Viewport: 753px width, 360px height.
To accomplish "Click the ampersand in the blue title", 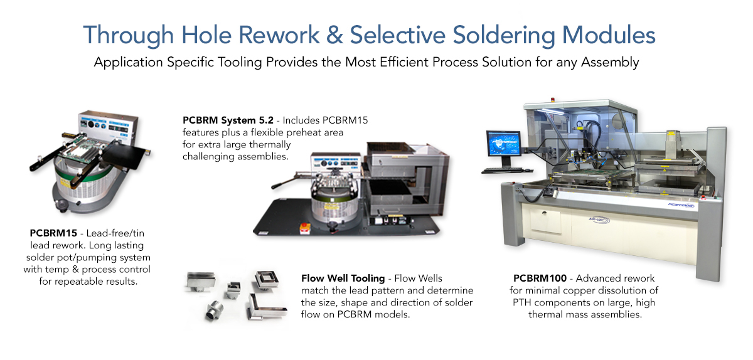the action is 334,35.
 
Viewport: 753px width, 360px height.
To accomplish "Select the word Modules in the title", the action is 609,35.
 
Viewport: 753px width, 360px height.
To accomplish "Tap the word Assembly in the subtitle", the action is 610,63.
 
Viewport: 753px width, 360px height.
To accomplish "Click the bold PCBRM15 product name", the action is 53,233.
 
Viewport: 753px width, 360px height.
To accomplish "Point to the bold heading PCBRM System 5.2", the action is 228,120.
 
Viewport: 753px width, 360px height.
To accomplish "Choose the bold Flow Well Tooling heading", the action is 343,278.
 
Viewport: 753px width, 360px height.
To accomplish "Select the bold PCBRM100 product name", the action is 540,278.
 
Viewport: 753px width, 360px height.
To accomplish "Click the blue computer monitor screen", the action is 504,144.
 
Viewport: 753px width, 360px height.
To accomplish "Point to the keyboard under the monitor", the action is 502,170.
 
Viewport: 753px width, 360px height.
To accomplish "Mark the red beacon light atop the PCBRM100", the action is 552,100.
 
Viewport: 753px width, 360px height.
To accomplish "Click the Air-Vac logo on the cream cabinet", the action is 599,220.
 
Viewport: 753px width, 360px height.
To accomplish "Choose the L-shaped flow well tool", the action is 266,307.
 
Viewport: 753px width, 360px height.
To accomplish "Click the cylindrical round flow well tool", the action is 214,310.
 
